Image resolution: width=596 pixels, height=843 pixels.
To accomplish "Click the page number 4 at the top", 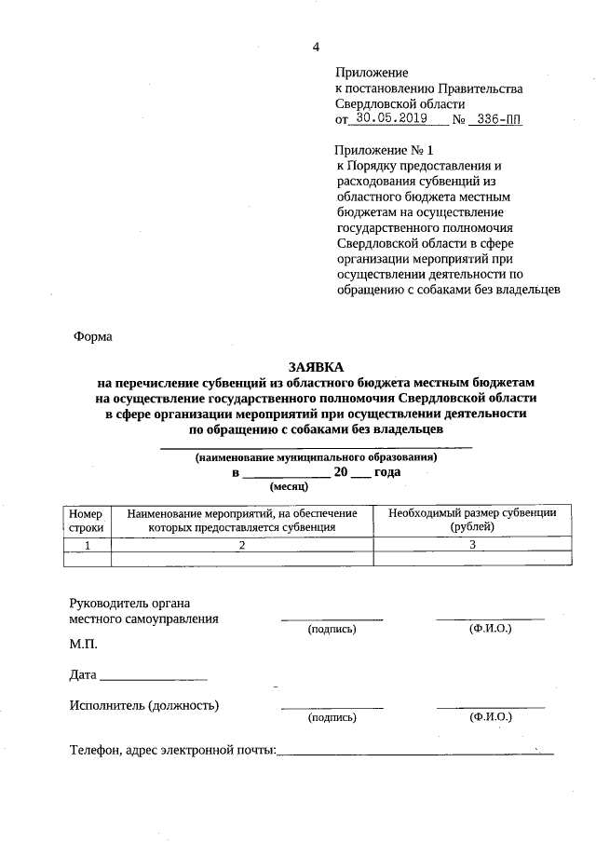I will point(316,48).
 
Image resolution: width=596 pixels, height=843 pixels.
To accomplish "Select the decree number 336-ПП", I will point(498,119).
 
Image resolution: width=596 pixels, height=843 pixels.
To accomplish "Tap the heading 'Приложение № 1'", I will point(384,149).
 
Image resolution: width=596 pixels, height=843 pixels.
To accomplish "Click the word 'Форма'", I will point(93,337).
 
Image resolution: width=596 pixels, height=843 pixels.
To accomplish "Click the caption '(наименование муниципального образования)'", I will point(316,457).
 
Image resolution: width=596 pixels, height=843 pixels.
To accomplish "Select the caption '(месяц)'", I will point(288,486).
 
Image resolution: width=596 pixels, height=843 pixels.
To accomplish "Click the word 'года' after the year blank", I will point(388,472).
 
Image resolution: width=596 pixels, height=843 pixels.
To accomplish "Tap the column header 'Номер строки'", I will point(86,520).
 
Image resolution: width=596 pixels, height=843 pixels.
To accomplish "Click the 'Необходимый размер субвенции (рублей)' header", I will point(472,520).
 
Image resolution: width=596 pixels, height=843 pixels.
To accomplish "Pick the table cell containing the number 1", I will point(87,544).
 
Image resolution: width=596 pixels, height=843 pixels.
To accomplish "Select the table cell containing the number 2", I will point(241,544).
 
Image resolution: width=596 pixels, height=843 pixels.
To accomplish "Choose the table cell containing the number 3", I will point(472,544).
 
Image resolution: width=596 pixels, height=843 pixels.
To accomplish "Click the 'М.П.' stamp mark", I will point(83,644).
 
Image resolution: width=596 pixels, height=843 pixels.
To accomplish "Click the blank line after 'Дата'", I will point(154,674).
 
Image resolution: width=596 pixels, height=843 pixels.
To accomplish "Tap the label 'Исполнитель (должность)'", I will point(144,705).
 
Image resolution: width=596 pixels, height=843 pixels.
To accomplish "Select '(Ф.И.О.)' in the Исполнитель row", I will point(491,717).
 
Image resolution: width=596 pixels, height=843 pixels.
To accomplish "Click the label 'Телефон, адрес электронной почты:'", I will point(172,750).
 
